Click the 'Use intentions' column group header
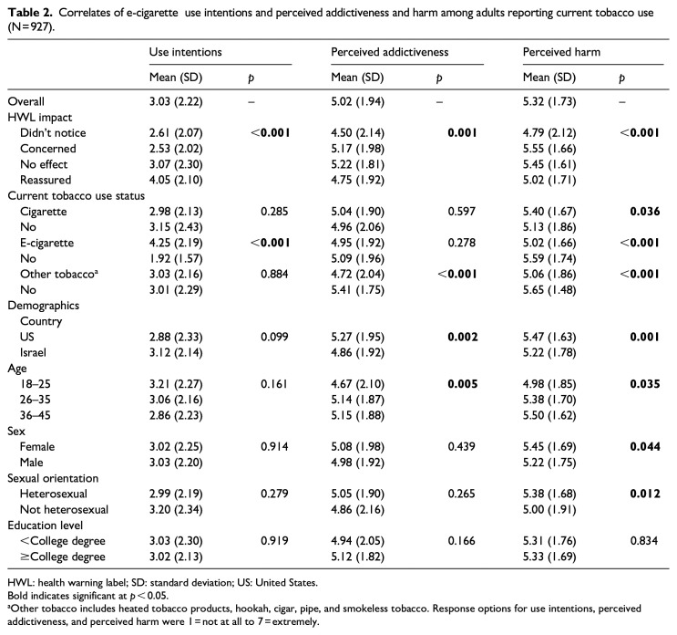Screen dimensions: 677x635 point(185,52)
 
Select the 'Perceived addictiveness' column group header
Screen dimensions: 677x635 point(389,52)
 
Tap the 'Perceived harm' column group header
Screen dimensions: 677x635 point(561,52)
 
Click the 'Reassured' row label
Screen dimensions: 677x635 point(46,180)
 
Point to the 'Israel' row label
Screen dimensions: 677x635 point(33,352)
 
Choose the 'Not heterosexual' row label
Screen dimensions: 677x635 point(64,509)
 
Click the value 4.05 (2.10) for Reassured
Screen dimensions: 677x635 point(176,180)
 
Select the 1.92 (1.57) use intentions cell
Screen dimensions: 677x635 point(176,258)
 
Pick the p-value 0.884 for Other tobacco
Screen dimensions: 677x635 point(274,274)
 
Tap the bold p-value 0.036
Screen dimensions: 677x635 point(644,212)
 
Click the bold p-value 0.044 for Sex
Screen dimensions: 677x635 point(644,446)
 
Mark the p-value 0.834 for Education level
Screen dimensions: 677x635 point(644,541)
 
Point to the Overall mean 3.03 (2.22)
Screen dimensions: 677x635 point(176,101)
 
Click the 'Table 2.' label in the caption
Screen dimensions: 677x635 point(30,13)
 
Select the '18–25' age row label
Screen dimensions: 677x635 point(35,384)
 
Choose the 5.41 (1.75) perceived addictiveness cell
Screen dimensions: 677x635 point(357,289)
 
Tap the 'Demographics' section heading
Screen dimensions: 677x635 point(43,306)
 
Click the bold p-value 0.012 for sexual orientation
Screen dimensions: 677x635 point(644,494)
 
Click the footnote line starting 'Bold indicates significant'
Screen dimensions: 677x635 point(87,596)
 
